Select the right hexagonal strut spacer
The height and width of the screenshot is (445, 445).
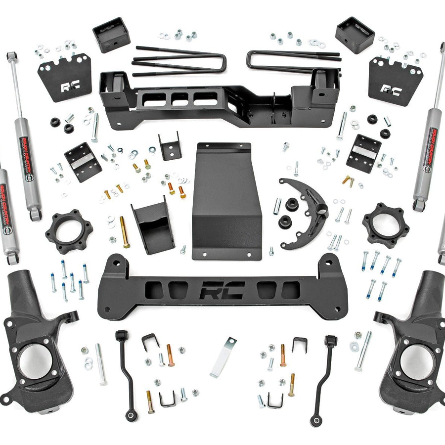(x=385, y=225)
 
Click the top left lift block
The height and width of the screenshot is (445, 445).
(x=111, y=35)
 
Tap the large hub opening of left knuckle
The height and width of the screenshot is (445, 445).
(x=35, y=360)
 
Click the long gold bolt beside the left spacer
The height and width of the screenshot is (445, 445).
(x=125, y=232)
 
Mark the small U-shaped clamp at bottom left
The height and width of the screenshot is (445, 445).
(x=168, y=398)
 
